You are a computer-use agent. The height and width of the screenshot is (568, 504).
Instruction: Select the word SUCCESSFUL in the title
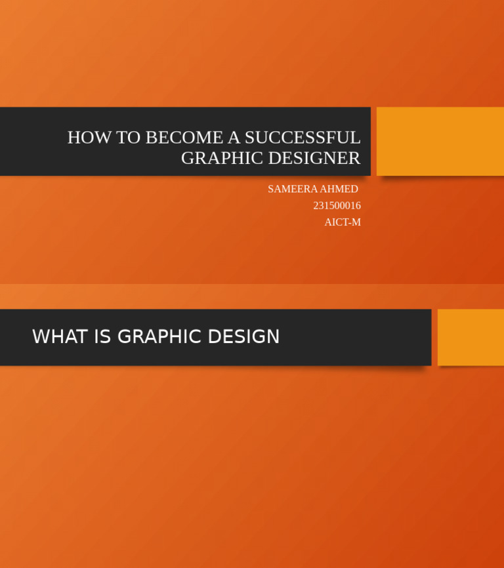(x=303, y=138)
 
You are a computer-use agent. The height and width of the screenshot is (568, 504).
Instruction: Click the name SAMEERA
(x=292, y=189)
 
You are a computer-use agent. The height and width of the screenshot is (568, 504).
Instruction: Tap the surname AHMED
(x=339, y=189)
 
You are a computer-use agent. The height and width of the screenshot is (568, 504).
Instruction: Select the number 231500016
(x=337, y=205)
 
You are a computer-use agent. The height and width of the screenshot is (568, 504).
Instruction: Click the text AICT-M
(x=343, y=222)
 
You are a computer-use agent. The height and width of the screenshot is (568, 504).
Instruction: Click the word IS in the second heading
(x=102, y=337)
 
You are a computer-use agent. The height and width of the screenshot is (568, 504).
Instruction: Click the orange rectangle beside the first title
(x=440, y=141)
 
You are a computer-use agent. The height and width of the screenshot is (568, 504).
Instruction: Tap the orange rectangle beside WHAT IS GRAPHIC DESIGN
(x=471, y=337)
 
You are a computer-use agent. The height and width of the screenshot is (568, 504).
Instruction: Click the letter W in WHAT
(x=40, y=337)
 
